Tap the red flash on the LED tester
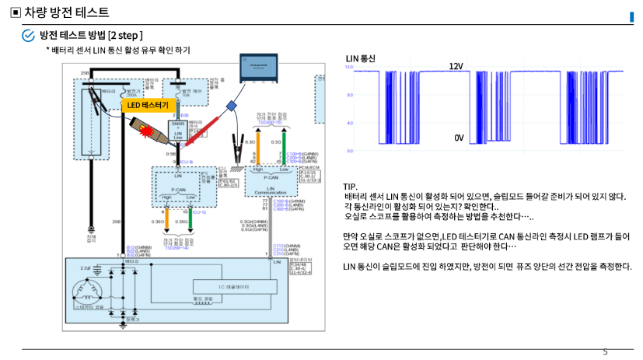click(147, 133)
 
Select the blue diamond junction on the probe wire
click(231, 105)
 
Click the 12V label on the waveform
click(456, 66)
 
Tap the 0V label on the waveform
click(459, 138)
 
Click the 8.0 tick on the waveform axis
click(350, 96)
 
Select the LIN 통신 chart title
click(360, 58)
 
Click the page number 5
click(605, 351)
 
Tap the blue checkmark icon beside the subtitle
click(28, 36)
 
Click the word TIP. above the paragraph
click(350, 187)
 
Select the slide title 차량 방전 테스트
click(66, 12)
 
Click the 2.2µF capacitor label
click(75, 268)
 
